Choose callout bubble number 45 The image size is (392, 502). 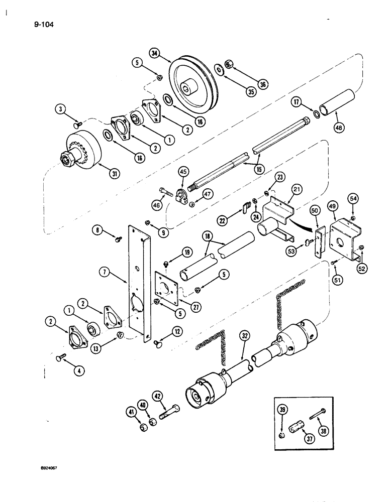click(x=183, y=172)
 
